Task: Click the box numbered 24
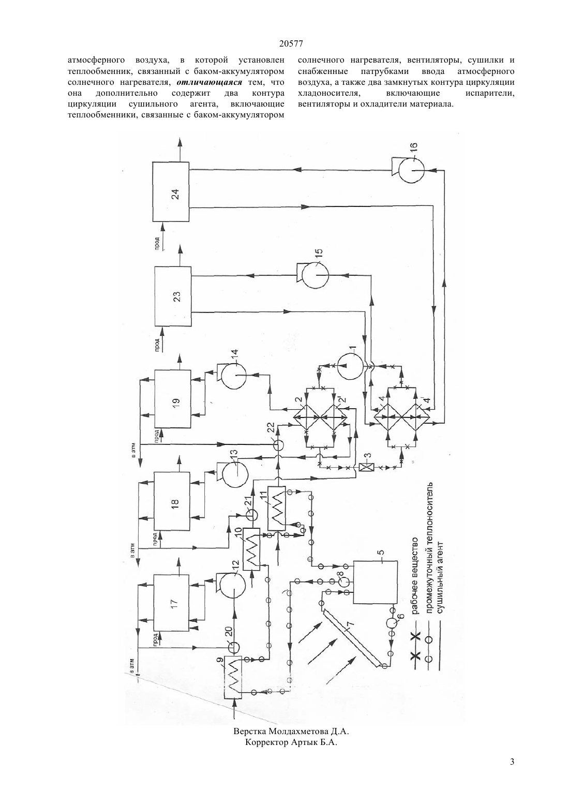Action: click(171, 192)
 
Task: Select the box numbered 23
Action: click(173, 296)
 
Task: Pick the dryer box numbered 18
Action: click(172, 501)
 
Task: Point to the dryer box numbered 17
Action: click(172, 604)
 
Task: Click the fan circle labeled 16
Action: click(411, 170)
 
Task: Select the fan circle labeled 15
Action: click(315, 275)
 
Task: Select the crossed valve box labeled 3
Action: click(367, 468)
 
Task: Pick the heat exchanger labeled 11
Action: click(276, 508)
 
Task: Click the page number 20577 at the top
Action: click(291, 44)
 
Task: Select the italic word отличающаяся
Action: click(209, 82)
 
